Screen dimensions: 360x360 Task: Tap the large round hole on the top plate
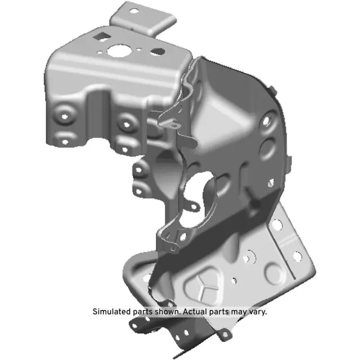pos(119,51)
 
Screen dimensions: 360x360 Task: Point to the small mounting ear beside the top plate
pos(169,118)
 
